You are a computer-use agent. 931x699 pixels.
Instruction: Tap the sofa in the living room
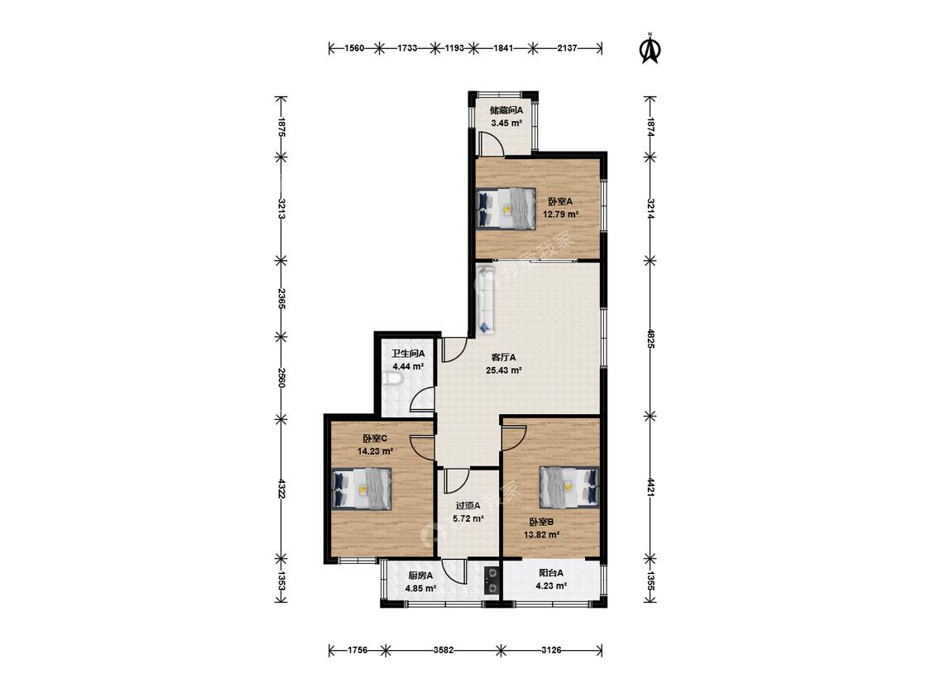(x=487, y=300)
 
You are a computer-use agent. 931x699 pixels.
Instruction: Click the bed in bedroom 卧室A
(x=506, y=208)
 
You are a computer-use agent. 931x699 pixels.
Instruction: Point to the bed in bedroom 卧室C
(x=362, y=489)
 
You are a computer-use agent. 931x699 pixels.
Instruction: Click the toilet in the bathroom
(x=391, y=379)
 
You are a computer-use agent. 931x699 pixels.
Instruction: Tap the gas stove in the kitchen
(x=492, y=580)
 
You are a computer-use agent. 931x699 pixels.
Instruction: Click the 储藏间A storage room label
(x=506, y=110)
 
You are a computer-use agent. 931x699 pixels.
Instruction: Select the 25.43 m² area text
(x=503, y=370)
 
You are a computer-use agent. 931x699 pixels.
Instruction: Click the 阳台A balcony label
(x=551, y=573)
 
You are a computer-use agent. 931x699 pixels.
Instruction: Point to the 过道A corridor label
(x=468, y=506)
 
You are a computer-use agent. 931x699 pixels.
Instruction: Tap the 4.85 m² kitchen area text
(x=420, y=589)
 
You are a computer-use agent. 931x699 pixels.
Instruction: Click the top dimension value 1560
(x=354, y=48)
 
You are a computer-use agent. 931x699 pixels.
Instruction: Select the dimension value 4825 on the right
(x=651, y=338)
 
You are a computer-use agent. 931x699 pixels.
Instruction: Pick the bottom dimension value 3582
(x=443, y=650)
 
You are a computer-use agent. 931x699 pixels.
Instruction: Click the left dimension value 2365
(x=282, y=298)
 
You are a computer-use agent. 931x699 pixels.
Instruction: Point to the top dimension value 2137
(x=567, y=48)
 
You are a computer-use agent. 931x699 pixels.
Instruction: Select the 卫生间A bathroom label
(x=408, y=353)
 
